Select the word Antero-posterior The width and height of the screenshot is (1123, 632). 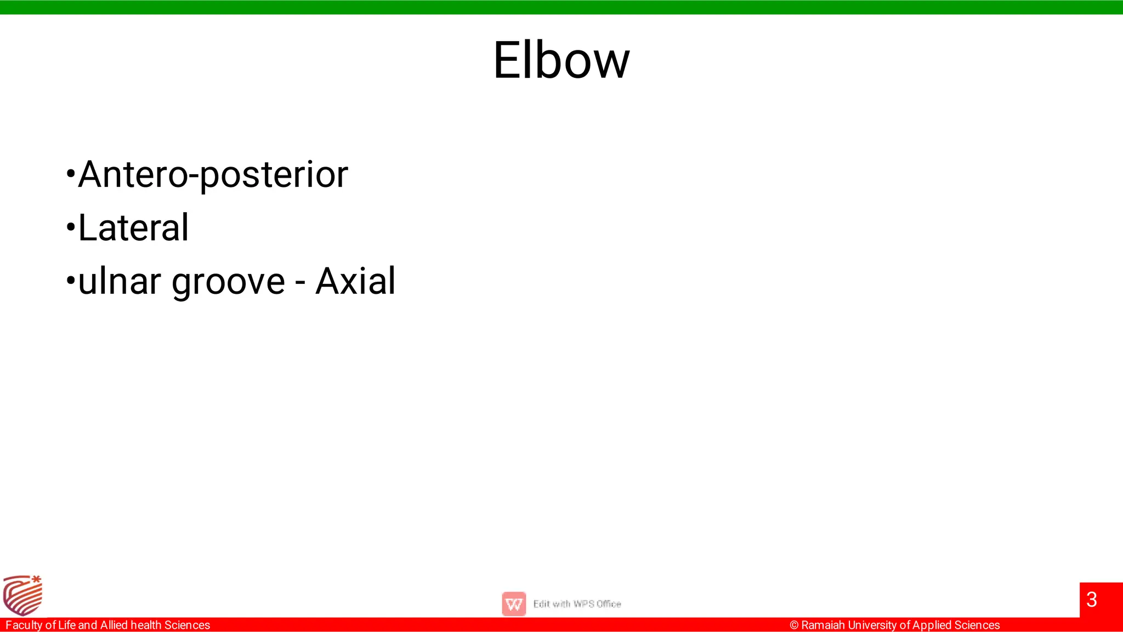pyautogui.click(x=213, y=174)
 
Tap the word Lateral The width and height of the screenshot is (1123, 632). pyautogui.click(x=133, y=227)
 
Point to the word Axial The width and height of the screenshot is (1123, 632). pyautogui.click(x=355, y=281)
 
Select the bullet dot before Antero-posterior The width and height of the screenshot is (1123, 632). pyautogui.click(x=70, y=174)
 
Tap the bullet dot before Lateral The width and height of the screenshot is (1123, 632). pyautogui.click(x=70, y=227)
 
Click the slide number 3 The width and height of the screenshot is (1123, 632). pyautogui.click(x=1091, y=600)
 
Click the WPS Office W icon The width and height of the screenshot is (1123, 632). pyautogui.click(x=514, y=604)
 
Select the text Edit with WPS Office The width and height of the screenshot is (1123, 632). pyautogui.click(x=577, y=604)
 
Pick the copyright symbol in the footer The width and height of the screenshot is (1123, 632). pyautogui.click(x=794, y=625)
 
